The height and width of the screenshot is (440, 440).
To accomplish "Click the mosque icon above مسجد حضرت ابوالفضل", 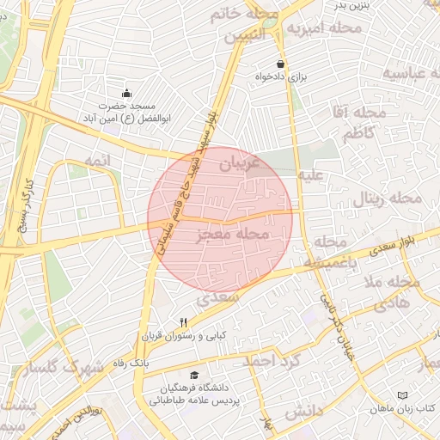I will [x=128, y=93].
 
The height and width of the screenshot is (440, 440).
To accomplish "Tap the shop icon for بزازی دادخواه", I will [x=280, y=64].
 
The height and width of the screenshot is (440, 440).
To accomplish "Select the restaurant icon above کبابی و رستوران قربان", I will [x=182, y=321].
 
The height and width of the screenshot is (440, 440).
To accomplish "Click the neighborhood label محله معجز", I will [x=234, y=234].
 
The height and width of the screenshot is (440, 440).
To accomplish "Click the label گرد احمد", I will [x=274, y=360].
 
